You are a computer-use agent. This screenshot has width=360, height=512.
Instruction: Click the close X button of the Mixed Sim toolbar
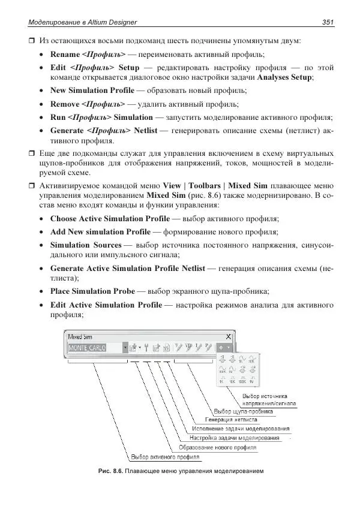pos(228,336)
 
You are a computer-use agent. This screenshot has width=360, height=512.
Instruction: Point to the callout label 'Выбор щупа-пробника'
pos(244,412)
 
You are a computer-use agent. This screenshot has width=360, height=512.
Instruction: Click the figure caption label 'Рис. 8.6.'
pos(111,471)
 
